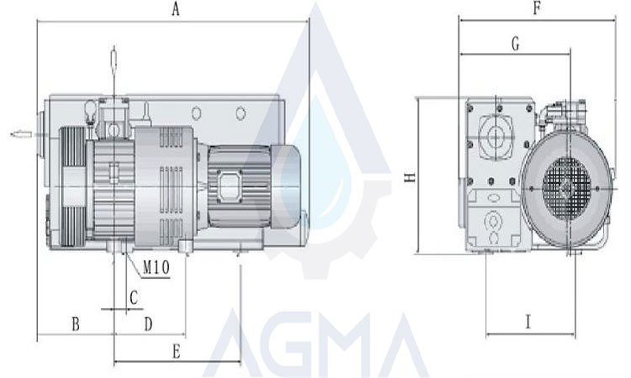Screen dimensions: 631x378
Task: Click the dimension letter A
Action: click(x=176, y=9)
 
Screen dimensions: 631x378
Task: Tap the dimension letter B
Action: click(x=76, y=323)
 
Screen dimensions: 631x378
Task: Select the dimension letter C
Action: click(x=134, y=297)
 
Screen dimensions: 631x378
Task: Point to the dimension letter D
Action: click(x=148, y=323)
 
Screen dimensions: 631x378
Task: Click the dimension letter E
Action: click(x=177, y=352)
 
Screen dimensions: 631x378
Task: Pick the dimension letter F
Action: click(x=537, y=8)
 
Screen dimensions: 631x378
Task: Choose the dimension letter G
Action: click(x=515, y=44)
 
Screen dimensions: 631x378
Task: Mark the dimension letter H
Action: click(x=410, y=177)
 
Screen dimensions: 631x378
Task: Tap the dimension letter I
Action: click(x=528, y=322)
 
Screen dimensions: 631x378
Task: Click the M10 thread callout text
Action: click(x=156, y=267)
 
